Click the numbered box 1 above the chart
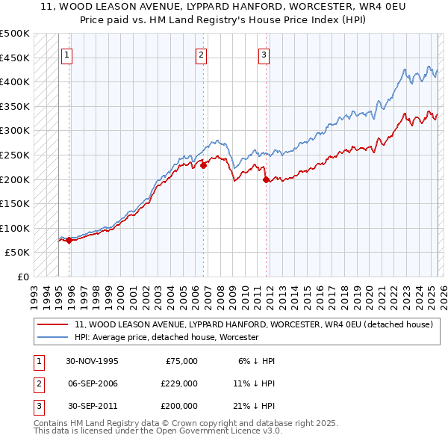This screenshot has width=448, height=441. pyautogui.click(x=67, y=54)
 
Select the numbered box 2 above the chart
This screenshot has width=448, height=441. pyautogui.click(x=202, y=54)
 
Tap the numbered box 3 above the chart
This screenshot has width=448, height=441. pyautogui.click(x=264, y=54)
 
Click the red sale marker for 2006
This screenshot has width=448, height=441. pyautogui.click(x=203, y=165)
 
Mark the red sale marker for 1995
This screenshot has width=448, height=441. pyautogui.click(x=69, y=240)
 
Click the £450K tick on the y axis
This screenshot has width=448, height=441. pyautogui.click(x=15, y=58)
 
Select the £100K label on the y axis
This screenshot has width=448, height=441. pyautogui.click(x=15, y=228)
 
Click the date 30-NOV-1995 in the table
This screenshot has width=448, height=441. pyautogui.click(x=92, y=361)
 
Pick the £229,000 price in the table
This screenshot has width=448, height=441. pyautogui.click(x=179, y=383)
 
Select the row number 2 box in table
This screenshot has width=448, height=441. pyautogui.click(x=37, y=383)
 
